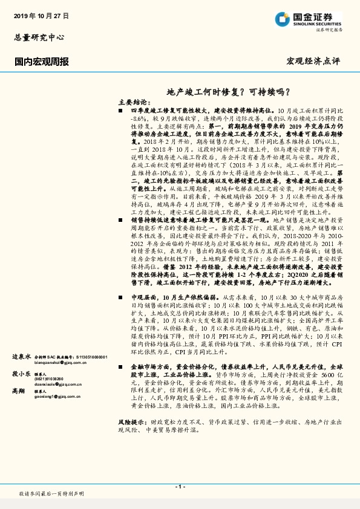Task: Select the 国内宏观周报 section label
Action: (x=41, y=62)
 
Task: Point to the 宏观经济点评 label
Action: (x=313, y=62)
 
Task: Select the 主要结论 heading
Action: (x=133, y=103)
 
